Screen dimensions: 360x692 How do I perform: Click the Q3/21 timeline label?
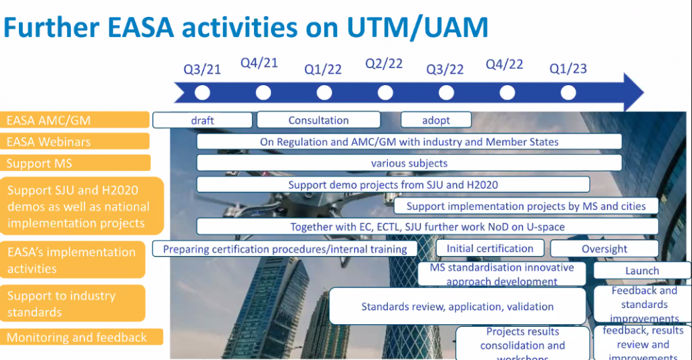click(x=202, y=69)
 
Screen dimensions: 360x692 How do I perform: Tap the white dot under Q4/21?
click(x=264, y=93)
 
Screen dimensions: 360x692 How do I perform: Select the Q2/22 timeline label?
click(x=384, y=63)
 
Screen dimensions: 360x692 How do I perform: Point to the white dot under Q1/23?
click(x=568, y=93)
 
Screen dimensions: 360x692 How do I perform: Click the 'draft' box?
click(x=202, y=120)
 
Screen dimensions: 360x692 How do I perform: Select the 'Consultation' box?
click(x=318, y=120)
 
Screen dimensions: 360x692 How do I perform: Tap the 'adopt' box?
click(x=436, y=120)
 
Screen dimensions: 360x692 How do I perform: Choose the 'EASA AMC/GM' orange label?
click(x=74, y=120)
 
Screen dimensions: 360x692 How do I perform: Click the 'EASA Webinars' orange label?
click(x=74, y=142)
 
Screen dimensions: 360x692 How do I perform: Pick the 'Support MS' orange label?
click(x=74, y=163)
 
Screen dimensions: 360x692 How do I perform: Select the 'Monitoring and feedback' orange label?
click(x=81, y=337)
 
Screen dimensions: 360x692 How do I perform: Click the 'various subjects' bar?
click(x=409, y=163)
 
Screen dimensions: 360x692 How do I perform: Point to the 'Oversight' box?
click(x=604, y=249)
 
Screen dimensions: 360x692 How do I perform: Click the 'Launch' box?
click(x=641, y=271)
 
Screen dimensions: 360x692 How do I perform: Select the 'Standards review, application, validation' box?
click(x=457, y=307)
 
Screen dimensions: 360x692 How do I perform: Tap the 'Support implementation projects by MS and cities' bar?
click(x=526, y=206)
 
